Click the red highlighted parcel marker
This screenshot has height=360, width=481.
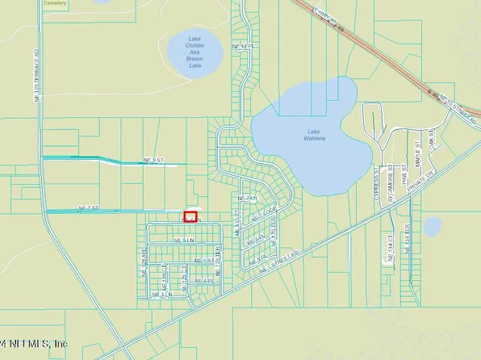[190, 216]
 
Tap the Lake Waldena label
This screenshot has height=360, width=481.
[316, 135]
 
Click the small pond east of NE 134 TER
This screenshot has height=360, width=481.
[433, 227]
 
